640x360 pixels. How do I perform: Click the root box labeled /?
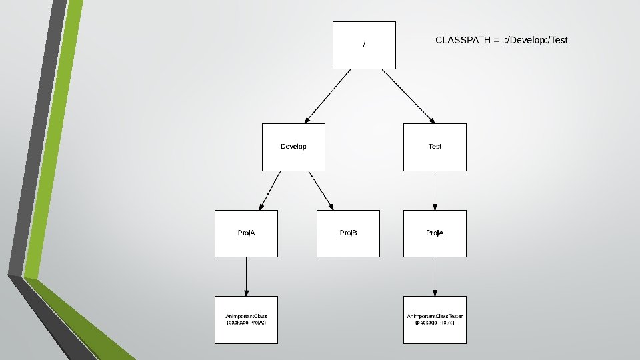(x=364, y=45)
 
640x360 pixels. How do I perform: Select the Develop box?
(x=293, y=147)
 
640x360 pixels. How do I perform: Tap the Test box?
(x=435, y=147)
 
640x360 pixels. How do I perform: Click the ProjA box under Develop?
(x=246, y=233)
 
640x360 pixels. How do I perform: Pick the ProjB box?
(x=348, y=233)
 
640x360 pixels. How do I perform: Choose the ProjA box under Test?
(x=435, y=233)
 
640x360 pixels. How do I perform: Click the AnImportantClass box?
(x=246, y=320)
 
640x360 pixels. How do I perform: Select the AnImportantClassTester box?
(x=435, y=320)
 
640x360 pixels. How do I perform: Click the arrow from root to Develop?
(x=327, y=96)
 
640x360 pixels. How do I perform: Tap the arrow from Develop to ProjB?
(x=321, y=190)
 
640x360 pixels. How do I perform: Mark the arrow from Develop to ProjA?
(x=270, y=190)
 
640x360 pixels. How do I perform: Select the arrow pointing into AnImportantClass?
(x=246, y=277)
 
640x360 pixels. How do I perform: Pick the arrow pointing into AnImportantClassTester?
(x=435, y=277)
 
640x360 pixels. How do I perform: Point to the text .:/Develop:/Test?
(x=535, y=41)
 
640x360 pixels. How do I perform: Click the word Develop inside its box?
(x=293, y=147)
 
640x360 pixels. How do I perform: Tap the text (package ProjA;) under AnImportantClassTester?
(x=435, y=323)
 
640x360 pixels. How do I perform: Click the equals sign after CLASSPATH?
(x=495, y=41)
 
